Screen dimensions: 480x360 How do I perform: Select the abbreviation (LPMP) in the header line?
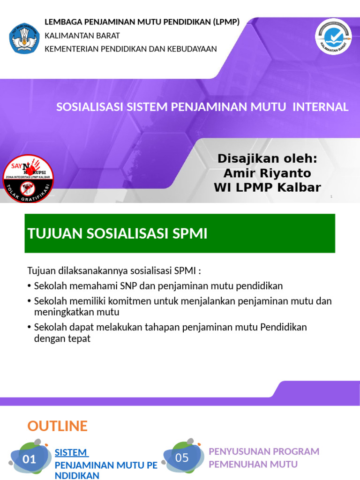point(226,22)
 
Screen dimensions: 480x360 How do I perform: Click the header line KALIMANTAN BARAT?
point(82,36)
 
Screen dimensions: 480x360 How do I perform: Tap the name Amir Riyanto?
point(267,173)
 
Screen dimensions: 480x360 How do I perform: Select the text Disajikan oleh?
point(267,159)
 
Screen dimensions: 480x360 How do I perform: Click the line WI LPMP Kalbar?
point(267,188)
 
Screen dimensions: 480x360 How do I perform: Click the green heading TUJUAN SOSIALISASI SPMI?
point(118,233)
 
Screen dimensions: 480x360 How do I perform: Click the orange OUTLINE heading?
point(57,426)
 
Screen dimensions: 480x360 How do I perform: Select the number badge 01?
point(30,459)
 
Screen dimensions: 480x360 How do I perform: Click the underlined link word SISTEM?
point(71,453)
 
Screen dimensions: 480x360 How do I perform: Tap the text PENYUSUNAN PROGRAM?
point(264,451)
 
